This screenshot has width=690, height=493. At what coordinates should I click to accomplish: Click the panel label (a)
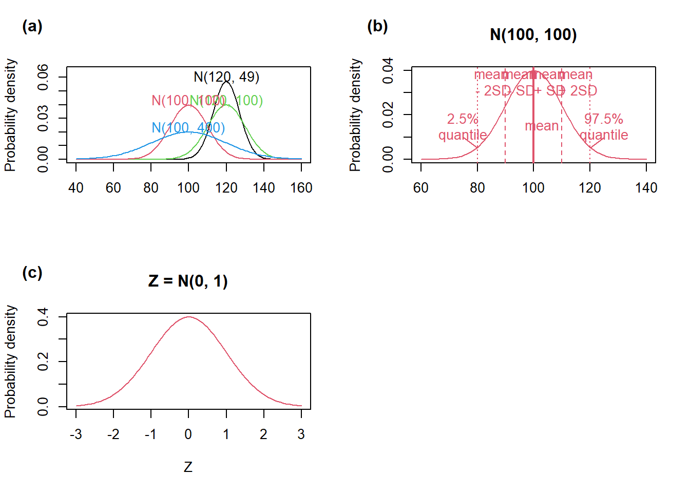tap(32, 26)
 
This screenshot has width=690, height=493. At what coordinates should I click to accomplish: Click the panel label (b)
tap(377, 26)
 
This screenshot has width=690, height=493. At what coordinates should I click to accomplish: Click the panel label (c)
tap(32, 273)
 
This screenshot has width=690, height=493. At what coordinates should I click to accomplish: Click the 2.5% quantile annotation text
tap(463, 127)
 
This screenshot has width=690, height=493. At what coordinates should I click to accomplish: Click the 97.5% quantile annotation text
tap(604, 127)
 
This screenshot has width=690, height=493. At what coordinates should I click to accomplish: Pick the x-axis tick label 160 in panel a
tap(301, 188)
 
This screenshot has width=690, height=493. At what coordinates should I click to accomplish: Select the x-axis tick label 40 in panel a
tap(76, 188)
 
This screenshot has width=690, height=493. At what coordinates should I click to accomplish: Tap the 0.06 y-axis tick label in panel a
tap(43, 77)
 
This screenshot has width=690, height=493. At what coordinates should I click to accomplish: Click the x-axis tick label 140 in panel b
tap(646, 188)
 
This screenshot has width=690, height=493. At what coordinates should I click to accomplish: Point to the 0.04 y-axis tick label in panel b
tap(388, 70)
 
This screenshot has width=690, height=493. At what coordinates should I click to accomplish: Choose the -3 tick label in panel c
tap(76, 434)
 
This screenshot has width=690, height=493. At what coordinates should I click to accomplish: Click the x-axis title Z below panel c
tap(188, 467)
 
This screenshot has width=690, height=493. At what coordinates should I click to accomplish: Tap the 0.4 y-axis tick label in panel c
tap(43, 317)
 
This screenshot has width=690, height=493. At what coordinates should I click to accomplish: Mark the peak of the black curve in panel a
tap(226, 81)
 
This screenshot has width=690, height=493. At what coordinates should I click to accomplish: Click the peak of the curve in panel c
tap(188, 317)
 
